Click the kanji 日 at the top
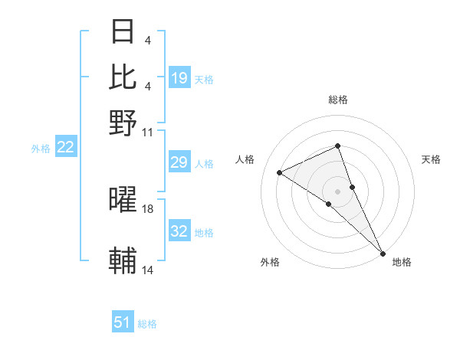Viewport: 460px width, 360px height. (x=123, y=32)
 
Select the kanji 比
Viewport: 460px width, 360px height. (x=123, y=77)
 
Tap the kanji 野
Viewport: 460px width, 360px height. (x=123, y=123)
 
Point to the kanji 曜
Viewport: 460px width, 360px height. (x=123, y=201)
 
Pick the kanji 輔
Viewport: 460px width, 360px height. (x=123, y=261)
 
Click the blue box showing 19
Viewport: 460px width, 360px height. (x=179, y=77)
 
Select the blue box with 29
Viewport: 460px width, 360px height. (x=179, y=162)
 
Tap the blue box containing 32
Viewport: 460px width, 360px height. (x=179, y=231)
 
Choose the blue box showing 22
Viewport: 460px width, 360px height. (x=65, y=148)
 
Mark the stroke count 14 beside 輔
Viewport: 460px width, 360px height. (x=148, y=270)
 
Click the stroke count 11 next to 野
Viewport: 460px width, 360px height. (x=148, y=132)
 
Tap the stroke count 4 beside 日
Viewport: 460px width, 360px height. (x=148, y=41)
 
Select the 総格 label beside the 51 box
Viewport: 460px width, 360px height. (x=147, y=324)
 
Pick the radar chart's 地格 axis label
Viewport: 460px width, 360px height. (x=402, y=262)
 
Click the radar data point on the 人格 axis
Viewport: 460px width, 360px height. (x=280, y=172)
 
